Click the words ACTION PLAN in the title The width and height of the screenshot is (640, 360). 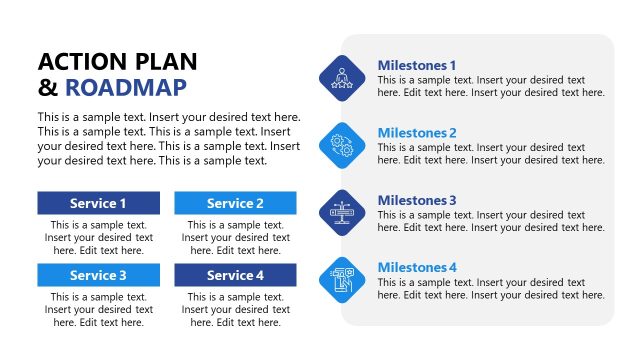point(117,61)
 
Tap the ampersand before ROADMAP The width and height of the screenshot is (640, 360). point(47,87)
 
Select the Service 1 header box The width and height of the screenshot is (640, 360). point(98,203)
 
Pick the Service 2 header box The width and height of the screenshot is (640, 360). point(235,203)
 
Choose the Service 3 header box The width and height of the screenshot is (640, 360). point(98,275)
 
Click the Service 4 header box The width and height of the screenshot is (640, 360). point(235,275)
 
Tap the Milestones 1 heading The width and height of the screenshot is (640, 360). point(416,65)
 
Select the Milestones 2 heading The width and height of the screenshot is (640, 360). point(416,133)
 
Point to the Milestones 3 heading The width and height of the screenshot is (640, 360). point(416,200)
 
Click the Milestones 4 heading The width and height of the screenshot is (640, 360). point(416,267)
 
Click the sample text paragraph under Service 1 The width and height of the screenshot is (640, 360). point(98,238)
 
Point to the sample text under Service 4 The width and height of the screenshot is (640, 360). point(235,310)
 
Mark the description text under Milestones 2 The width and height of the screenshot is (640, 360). point(490,154)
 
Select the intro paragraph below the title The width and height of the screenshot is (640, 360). point(168,139)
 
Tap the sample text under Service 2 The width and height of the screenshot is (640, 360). point(235,238)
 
